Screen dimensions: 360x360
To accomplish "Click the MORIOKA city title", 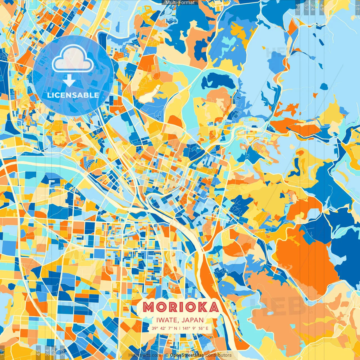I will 180,307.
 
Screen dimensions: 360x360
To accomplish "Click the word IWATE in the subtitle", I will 168,320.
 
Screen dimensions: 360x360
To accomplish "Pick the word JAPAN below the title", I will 193,320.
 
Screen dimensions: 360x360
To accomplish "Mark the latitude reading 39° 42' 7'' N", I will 165,328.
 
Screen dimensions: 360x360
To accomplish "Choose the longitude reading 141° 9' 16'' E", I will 195,328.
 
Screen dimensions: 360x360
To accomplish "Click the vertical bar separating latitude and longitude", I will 180,328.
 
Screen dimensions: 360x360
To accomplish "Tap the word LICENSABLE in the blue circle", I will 73,95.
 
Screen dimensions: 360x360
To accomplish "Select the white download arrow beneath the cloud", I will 69,81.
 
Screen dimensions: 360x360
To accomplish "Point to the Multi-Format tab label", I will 180,3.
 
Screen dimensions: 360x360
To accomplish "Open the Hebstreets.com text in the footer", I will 145,355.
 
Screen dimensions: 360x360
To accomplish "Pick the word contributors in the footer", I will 219,355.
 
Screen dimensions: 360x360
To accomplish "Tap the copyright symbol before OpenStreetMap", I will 167,355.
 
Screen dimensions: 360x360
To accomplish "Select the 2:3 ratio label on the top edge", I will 298,7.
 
